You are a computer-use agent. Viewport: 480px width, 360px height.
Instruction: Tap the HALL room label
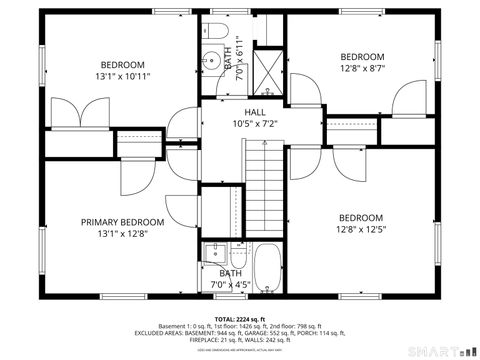point(256,113)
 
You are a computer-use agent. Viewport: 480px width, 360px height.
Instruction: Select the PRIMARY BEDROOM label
point(123,222)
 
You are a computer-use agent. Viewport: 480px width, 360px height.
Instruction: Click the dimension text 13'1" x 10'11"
point(123,76)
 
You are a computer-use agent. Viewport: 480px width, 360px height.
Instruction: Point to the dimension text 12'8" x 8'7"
point(361,69)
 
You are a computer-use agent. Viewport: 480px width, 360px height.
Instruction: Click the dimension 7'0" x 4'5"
point(231,285)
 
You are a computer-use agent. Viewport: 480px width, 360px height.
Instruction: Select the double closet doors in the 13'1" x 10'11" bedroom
point(76,114)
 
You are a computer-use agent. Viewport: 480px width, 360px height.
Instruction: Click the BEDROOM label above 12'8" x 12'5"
point(360,218)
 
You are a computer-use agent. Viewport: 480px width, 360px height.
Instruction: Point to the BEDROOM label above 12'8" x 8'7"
point(361,56)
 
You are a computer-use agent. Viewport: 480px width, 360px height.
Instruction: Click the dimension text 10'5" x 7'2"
point(256,125)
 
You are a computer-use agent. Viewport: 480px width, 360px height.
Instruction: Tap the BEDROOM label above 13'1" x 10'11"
point(123,64)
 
